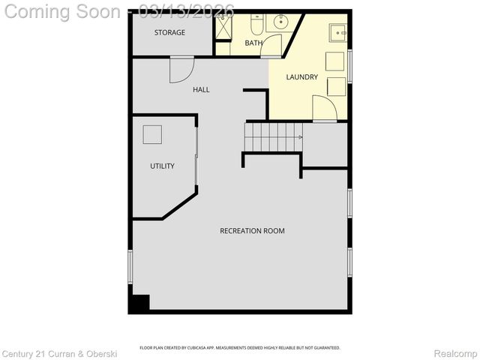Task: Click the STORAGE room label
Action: pyautogui.click(x=169, y=33)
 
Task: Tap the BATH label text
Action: pyautogui.click(x=253, y=43)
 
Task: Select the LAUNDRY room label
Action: pyautogui.click(x=302, y=77)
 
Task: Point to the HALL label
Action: pyautogui.click(x=201, y=90)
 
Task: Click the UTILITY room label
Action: pyautogui.click(x=162, y=166)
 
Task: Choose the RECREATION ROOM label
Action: pyautogui.click(x=252, y=231)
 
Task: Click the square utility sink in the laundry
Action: pyautogui.click(x=339, y=31)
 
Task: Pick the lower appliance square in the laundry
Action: pyautogui.click(x=335, y=85)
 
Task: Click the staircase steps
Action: pyautogui.click(x=273, y=137)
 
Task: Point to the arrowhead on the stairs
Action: pyautogui.click(x=300, y=137)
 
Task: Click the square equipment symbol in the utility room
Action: pyautogui.click(x=152, y=134)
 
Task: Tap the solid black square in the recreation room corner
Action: pyautogui.click(x=139, y=303)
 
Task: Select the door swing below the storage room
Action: pyautogui.click(x=181, y=70)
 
